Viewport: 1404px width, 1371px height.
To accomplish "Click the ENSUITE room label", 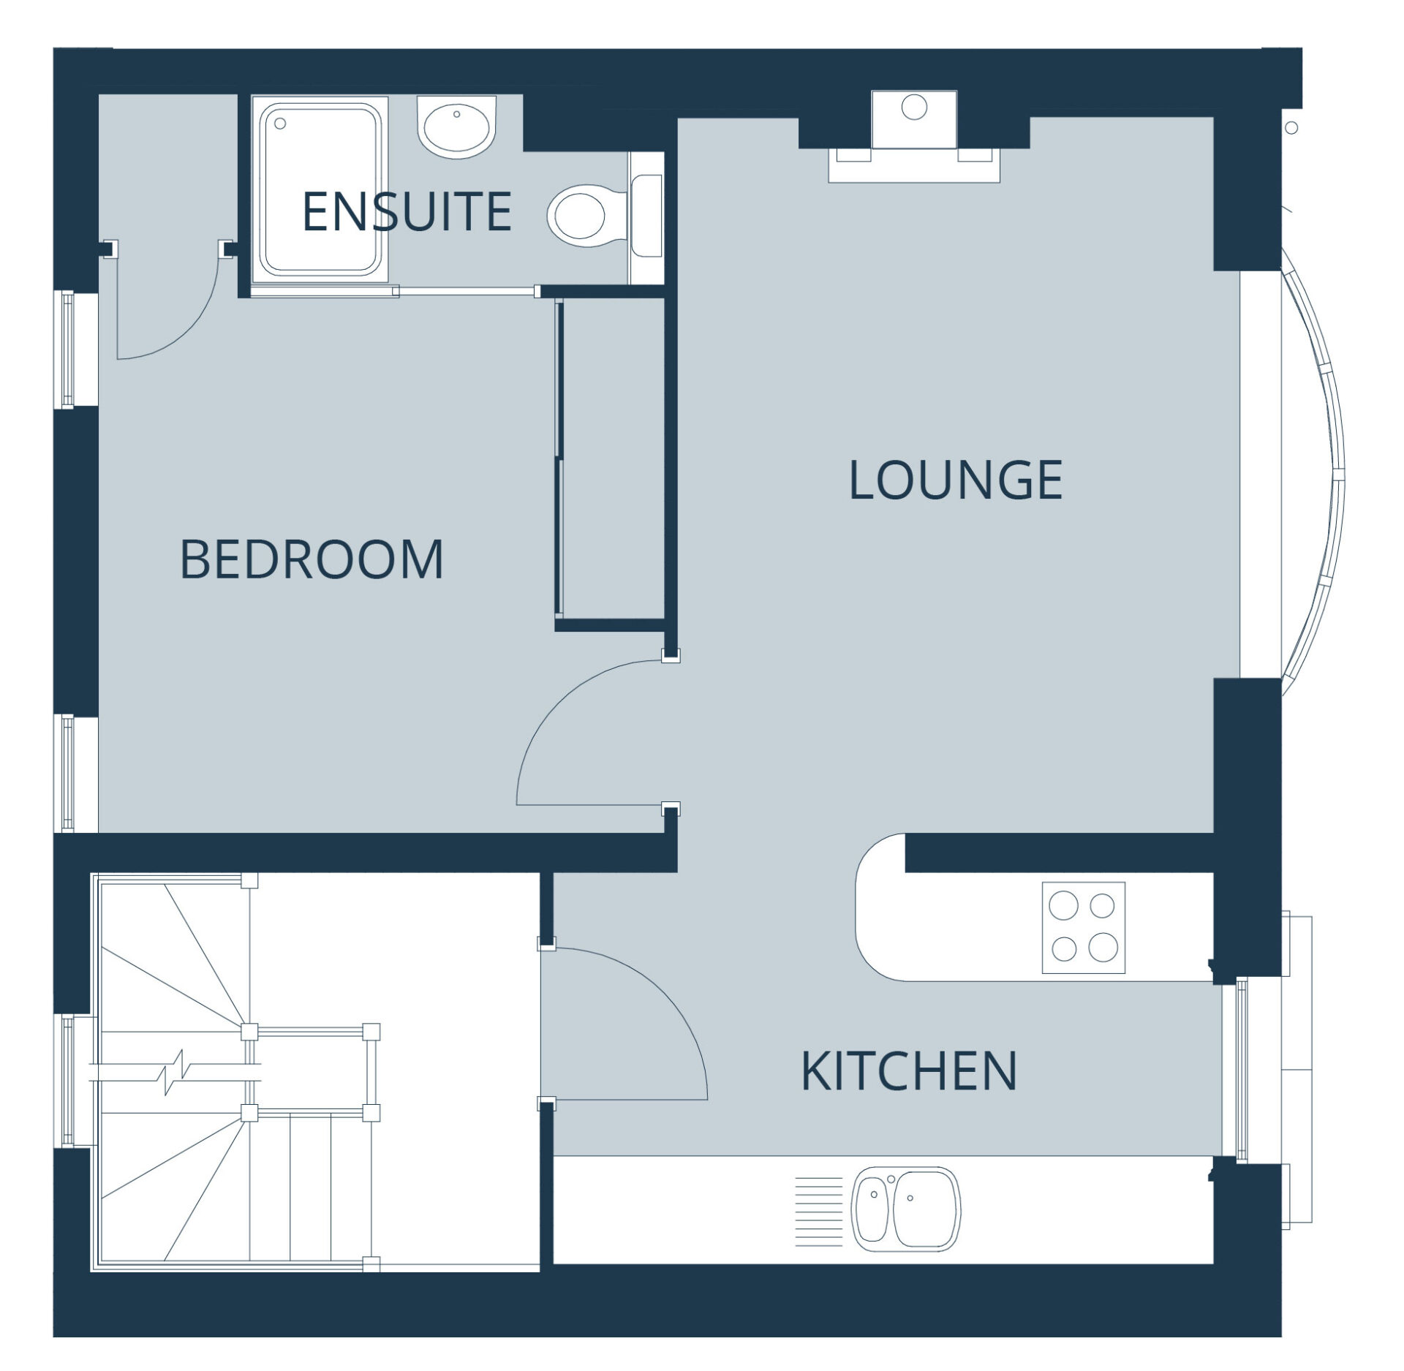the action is pos(407,211).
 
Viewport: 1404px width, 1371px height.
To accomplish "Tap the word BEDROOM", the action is pos(312,559).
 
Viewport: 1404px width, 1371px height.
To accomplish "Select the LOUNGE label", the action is pos(955,480).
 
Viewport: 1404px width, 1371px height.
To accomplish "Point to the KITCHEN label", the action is pos(909,1071).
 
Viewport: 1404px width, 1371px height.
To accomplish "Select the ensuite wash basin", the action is pos(457,126).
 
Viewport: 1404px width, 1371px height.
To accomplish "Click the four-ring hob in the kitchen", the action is pos(1083,927).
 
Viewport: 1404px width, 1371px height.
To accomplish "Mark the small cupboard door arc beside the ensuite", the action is pos(186,329).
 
